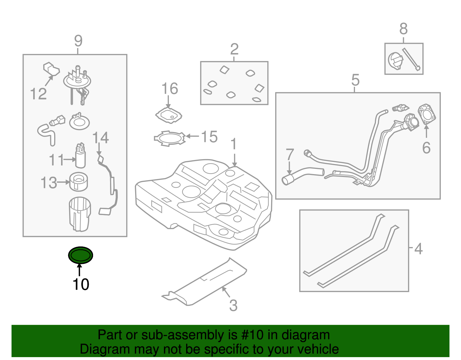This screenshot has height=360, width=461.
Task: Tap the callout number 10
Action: click(81, 284)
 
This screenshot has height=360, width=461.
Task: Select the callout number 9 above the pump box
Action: click(78, 41)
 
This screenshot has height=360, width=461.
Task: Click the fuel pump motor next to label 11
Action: click(80, 157)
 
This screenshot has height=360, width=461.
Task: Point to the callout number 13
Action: click(49, 183)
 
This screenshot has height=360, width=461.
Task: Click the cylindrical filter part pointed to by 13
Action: click(79, 181)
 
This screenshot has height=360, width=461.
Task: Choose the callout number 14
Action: click(101, 138)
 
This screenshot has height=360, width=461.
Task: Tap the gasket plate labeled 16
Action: click(169, 115)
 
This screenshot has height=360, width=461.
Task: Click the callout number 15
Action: click(209, 137)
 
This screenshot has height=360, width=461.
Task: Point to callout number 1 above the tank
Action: click(234, 144)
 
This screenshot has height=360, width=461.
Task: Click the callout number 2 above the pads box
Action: click(234, 49)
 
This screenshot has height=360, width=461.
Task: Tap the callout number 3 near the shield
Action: click(233, 306)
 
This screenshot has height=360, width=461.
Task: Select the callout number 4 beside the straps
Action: click(418, 249)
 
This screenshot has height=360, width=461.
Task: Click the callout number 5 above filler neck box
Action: click(356, 80)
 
